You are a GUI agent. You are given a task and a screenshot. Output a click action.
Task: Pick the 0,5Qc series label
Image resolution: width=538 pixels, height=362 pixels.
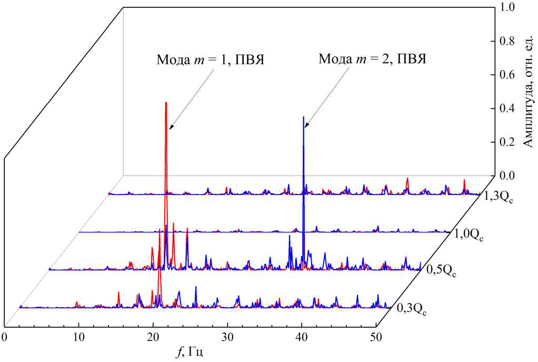point(441,272)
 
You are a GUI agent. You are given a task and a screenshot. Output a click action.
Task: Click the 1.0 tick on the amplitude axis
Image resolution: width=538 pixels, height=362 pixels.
point(508,7)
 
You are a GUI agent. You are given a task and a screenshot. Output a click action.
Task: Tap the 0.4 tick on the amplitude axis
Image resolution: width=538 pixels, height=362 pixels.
point(508,108)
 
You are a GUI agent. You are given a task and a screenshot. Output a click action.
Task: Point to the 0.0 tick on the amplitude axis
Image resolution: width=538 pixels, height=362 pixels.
point(508,175)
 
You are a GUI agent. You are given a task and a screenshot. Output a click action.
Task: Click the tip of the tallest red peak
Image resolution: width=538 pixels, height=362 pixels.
point(166,103)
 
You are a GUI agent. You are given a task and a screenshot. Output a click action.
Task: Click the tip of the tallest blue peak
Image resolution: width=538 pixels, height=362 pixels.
point(304,117)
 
